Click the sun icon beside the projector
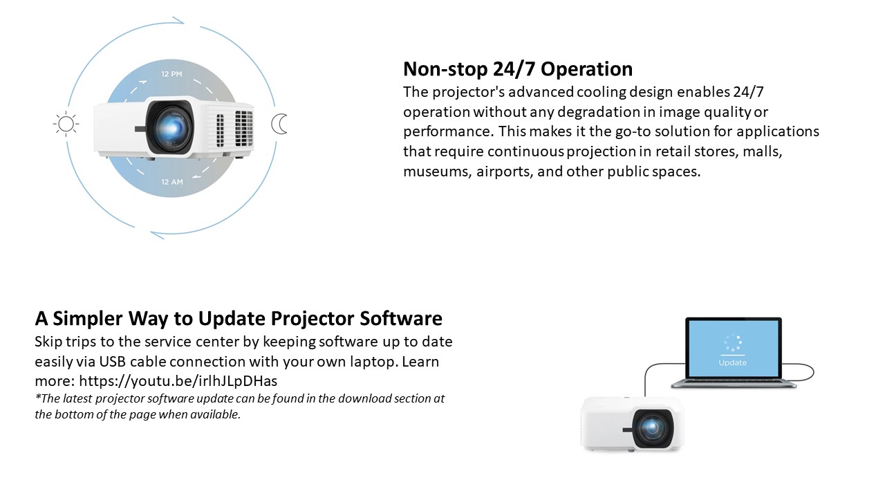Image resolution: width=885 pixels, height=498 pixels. click(66, 124)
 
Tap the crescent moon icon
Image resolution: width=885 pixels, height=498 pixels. click(279, 124)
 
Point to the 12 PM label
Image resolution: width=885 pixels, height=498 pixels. click(172, 74)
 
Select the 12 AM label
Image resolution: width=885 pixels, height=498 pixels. click(172, 182)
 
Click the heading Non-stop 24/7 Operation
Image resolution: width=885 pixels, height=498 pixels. click(518, 68)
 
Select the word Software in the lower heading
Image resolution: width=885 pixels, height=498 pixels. click(401, 318)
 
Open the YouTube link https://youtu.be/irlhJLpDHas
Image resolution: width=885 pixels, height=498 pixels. click(178, 381)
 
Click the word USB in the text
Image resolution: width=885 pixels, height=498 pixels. click(112, 362)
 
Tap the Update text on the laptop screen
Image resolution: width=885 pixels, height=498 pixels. click(732, 362)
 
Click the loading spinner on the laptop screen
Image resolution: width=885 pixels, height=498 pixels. click(733, 342)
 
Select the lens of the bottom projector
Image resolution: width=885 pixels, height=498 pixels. click(652, 428)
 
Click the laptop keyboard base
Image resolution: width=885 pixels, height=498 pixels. click(734, 383)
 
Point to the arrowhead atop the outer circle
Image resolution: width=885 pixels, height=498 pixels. click(178, 20)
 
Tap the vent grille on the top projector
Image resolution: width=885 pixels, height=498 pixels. click(244, 128)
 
